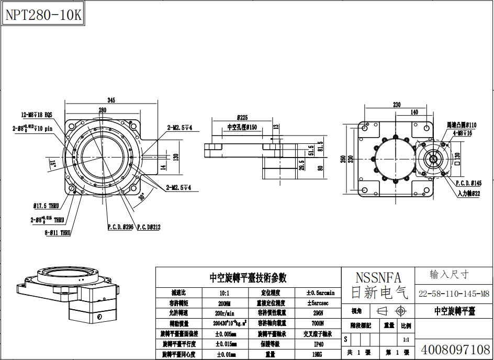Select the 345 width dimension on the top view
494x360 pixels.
pos(111,100)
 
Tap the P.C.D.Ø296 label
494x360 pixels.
pos(120,227)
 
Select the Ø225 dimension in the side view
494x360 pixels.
pos(242,118)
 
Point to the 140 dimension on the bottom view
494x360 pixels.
pos(414,112)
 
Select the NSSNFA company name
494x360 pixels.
pos(378,277)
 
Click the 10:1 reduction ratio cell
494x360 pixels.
pos(227,293)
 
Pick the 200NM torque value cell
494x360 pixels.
pos(227,303)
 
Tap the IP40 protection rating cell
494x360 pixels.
pos(319,344)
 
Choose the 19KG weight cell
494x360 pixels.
pos(319,354)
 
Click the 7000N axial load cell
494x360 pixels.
pos(319,324)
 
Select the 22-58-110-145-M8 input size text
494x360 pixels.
pos(454,294)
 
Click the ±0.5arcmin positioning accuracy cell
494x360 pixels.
pos(319,293)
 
